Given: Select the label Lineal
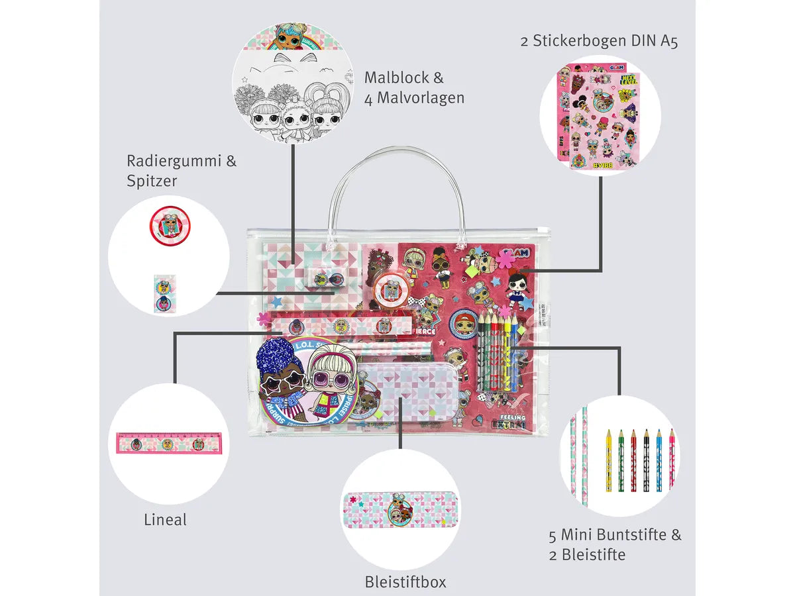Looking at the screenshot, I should click(x=166, y=520).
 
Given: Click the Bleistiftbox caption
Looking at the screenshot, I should click(x=405, y=582).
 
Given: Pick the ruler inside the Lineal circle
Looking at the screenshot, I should click(x=169, y=443).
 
